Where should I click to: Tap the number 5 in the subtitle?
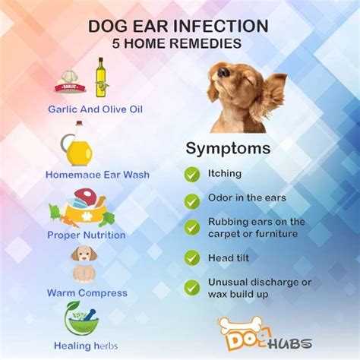pos(116,43)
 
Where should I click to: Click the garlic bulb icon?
pos(70,81)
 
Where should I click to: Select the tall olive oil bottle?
pos(102,77)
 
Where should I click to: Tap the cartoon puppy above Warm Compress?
pos(84,264)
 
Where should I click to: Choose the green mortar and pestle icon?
pos(81,318)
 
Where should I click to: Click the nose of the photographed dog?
pos(223,72)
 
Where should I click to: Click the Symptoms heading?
pos(228,148)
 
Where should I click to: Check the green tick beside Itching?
pos(192,174)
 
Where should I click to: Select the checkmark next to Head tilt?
pos(192,258)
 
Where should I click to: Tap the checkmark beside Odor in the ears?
pos(192,201)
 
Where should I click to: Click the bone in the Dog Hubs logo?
pos(240,325)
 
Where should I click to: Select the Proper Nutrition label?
pos(87,235)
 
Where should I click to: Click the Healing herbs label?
pos(86,346)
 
